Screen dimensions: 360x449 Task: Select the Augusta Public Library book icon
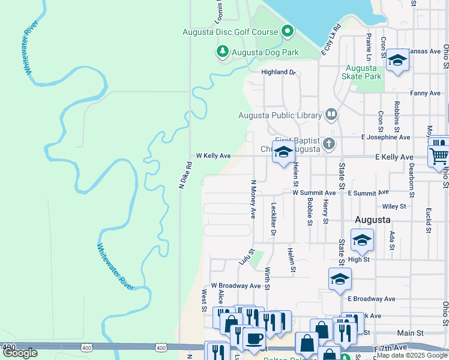[x=331, y=114]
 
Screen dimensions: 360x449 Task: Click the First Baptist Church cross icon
[x=328, y=143]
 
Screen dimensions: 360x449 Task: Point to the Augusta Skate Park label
[x=361, y=72]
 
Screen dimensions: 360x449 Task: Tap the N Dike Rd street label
[x=185, y=176]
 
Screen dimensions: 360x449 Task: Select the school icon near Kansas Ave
[x=397, y=60]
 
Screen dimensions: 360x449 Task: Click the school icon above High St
[x=362, y=240]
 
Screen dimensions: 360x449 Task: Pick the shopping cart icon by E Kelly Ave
[x=439, y=155]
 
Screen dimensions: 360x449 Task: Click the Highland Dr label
[x=279, y=72]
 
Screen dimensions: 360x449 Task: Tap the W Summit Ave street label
[x=314, y=193]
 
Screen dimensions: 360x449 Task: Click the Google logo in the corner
[x=20, y=353]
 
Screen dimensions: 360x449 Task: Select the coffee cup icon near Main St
[x=254, y=338]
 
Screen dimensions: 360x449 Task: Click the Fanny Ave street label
[x=426, y=93]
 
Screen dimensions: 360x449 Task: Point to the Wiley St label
[x=394, y=206]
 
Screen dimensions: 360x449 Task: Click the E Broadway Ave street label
[x=372, y=298]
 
